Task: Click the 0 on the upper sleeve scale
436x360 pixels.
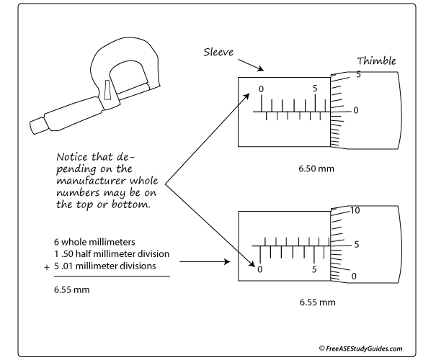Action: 261,89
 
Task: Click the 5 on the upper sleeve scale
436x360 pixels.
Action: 315,89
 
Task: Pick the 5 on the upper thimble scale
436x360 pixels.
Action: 357,74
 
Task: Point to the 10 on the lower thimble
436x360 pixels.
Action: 355,210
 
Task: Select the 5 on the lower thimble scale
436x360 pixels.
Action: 356,243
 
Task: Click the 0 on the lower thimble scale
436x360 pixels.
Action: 354,276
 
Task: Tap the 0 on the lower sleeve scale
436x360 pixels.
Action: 259,269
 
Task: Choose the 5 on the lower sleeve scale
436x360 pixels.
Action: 315,269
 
